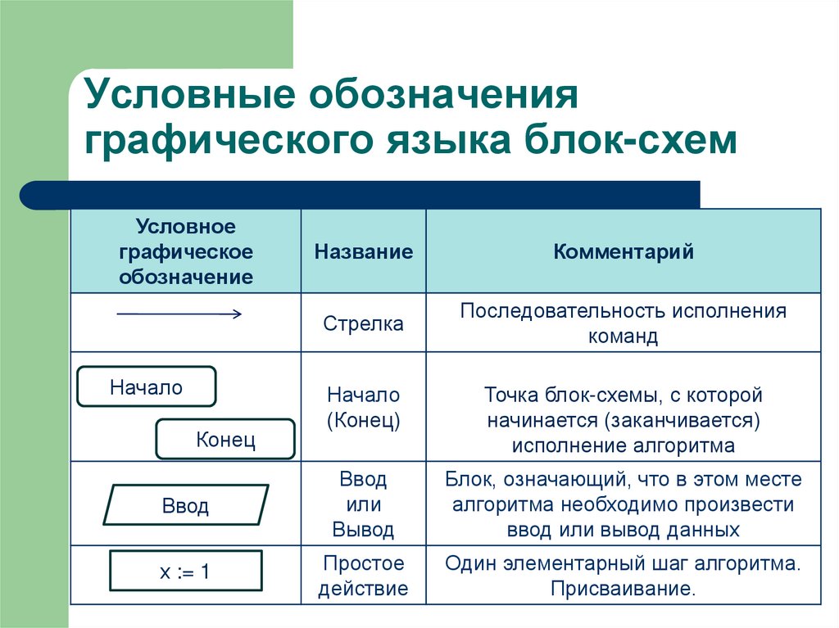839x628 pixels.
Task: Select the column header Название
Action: click(x=363, y=251)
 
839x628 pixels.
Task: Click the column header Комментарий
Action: click(x=624, y=251)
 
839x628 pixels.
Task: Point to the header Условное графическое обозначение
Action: click(x=186, y=251)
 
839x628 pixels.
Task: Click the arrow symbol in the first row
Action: click(x=179, y=314)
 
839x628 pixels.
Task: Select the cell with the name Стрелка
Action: click(x=363, y=323)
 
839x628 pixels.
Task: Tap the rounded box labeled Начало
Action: click(x=147, y=387)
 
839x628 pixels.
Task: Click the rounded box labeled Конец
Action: click(x=225, y=440)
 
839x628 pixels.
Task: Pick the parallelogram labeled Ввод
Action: click(x=186, y=505)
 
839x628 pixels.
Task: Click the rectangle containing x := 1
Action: click(x=185, y=571)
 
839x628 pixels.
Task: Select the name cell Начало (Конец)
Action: click(x=363, y=408)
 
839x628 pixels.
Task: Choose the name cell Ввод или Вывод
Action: click(x=363, y=504)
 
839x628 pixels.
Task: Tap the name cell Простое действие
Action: click(x=363, y=576)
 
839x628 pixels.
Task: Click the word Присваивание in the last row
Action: click(x=623, y=589)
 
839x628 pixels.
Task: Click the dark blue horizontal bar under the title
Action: click(x=361, y=194)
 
